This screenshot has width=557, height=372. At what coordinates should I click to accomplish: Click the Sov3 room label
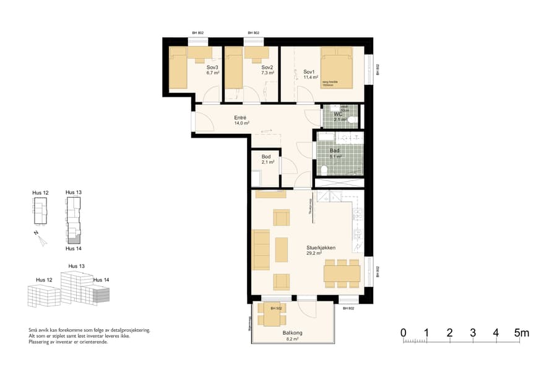213,67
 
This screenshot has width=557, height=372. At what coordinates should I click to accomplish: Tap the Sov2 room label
267,67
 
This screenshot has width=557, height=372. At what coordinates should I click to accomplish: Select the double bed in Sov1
337,68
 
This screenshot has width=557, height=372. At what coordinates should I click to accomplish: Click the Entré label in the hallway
241,118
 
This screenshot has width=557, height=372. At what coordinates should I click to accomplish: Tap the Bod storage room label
267,157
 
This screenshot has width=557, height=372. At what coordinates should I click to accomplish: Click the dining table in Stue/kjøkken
342,273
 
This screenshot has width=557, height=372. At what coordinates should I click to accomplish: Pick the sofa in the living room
261,250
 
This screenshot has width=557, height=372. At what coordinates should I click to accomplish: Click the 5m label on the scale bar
521,333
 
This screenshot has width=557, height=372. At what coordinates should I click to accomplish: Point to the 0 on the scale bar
404,333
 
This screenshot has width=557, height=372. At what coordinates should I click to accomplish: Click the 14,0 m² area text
241,123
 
